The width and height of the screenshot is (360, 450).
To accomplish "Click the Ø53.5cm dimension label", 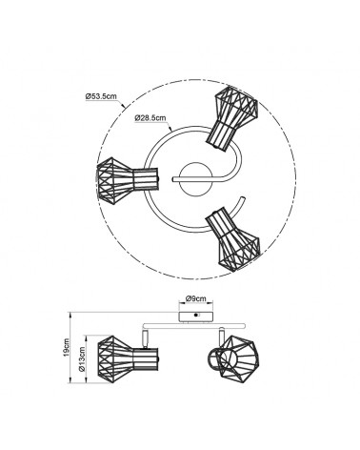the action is click(x=101, y=96).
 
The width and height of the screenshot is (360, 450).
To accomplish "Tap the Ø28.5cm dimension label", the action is click(x=150, y=117).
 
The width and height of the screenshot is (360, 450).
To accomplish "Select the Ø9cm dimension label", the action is click(x=195, y=298).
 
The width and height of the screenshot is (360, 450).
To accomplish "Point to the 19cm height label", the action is click(x=66, y=347).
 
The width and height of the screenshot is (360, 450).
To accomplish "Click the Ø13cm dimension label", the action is click(x=82, y=359).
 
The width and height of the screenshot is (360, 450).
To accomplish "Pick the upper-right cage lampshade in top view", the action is click(x=232, y=118).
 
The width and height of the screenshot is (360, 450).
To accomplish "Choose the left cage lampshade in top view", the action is click(x=127, y=180).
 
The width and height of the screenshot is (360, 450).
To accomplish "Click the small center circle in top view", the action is click(x=195, y=180).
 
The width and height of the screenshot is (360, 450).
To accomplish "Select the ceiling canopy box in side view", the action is click(x=195, y=317).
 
